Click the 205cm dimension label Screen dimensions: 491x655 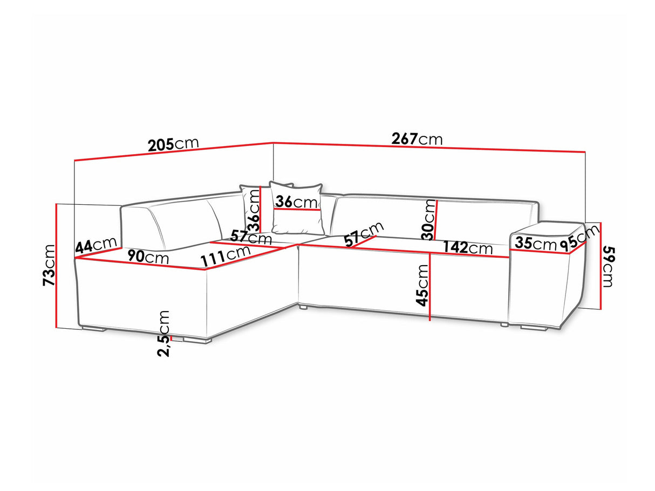[173, 144]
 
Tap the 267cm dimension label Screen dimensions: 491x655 [417, 139]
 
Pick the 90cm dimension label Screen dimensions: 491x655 [148, 257]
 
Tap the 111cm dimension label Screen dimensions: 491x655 [226, 256]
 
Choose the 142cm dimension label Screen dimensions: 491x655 [467, 248]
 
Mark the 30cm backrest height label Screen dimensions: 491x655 [428, 219]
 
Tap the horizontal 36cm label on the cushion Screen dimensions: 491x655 [296, 202]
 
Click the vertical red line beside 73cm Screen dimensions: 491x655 [56, 266]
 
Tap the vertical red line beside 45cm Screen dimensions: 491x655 [430, 286]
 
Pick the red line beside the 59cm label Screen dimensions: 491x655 [601, 266]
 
